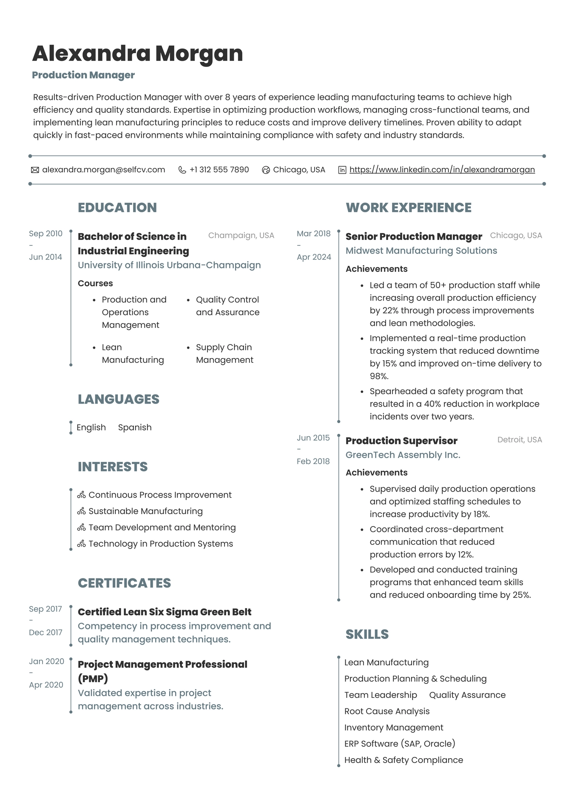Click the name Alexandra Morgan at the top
(x=137, y=54)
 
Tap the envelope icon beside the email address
(x=35, y=170)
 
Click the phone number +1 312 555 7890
(x=219, y=170)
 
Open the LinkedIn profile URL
(x=442, y=170)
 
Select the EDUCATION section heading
(x=117, y=208)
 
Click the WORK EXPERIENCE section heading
(x=408, y=208)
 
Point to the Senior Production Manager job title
(x=413, y=236)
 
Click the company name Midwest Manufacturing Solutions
(x=421, y=250)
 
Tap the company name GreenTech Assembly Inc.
(x=403, y=455)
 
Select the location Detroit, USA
(x=520, y=440)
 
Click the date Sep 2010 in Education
(x=45, y=233)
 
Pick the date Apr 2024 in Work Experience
(x=314, y=257)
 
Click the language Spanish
(x=135, y=427)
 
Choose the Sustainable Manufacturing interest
(x=145, y=511)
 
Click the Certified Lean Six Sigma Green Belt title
(x=165, y=612)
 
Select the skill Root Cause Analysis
(x=387, y=711)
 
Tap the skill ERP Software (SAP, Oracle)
(x=400, y=743)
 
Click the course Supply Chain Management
(x=224, y=353)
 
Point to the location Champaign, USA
(x=241, y=236)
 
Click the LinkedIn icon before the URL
(x=342, y=170)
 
